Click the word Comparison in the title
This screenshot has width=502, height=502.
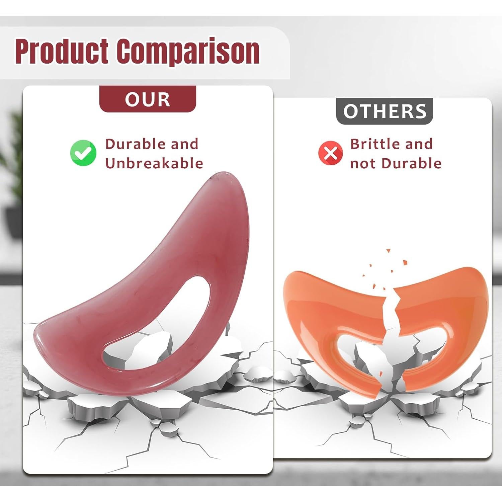tap(188, 52)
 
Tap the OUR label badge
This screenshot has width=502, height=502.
tap(148, 99)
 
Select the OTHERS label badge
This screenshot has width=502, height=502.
tap(385, 111)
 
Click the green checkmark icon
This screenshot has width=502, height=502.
tap(83, 153)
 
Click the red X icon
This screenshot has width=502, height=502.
tap(330, 153)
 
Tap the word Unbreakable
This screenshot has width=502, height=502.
tap(154, 163)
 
